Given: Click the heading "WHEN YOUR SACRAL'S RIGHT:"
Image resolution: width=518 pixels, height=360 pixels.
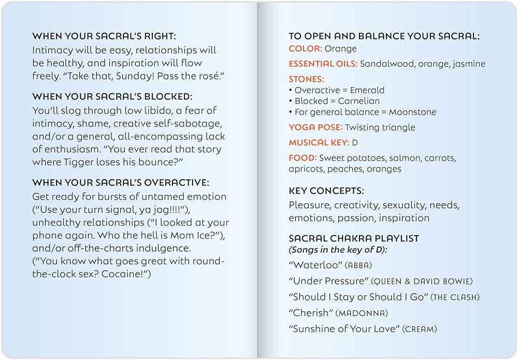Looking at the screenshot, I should pyautogui.click(x=104, y=36).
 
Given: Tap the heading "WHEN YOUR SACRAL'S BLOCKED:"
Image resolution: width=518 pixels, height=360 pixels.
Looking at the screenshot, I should pyautogui.click(x=112, y=96).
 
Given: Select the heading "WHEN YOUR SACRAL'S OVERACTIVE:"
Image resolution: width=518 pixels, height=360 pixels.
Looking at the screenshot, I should pyautogui.click(x=121, y=182).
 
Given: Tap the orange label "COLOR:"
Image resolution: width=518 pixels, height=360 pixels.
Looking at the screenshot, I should pyautogui.click(x=305, y=49).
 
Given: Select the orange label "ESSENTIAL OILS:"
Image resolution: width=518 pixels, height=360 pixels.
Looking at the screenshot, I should pyautogui.click(x=323, y=64).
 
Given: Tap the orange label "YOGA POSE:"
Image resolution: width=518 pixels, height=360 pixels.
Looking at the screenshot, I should pyautogui.click(x=315, y=127).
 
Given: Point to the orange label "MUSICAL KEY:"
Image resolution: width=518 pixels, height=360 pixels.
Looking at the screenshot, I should pyautogui.click(x=319, y=142).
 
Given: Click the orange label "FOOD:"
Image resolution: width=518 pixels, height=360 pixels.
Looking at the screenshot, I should pyautogui.click(x=303, y=158).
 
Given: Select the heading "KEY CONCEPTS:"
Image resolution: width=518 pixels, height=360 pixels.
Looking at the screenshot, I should pyautogui.click(x=326, y=191).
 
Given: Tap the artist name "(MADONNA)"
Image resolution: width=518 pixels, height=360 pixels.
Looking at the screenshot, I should pyautogui.click(x=362, y=313).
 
